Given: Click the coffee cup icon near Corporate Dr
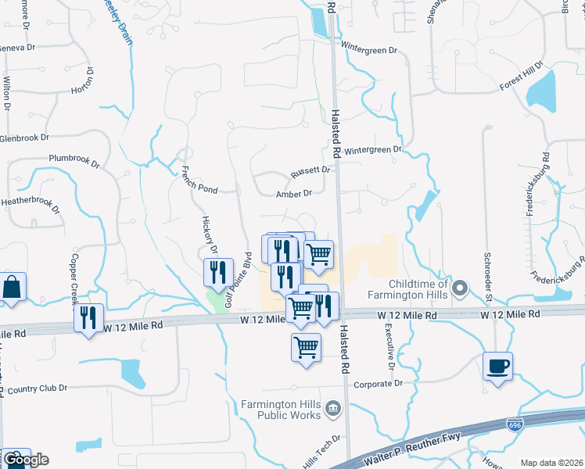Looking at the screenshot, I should click(498, 366).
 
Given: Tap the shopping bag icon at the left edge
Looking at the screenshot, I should click(13, 288).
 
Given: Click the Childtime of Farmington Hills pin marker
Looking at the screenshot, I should click(461, 290).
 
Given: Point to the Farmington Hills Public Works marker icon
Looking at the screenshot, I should click(333, 408).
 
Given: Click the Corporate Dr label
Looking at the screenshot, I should click(378, 384).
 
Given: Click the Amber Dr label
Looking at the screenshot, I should click(294, 193).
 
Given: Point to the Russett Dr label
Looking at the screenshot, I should click(311, 170).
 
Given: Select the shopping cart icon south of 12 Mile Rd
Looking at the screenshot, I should click(306, 346).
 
